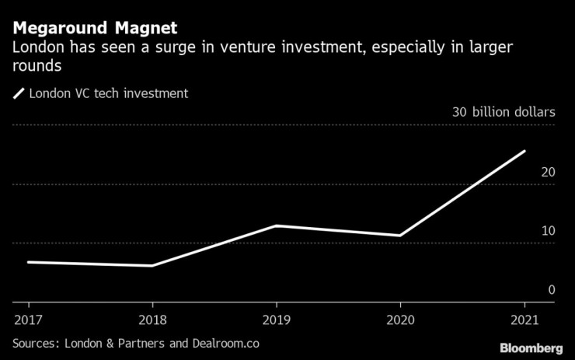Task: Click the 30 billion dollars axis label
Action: point(504,112)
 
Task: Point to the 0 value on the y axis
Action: point(551,290)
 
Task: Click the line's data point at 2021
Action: point(524,151)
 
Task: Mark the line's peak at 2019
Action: point(276,225)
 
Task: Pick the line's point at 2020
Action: point(400,235)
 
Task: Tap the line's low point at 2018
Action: point(152,266)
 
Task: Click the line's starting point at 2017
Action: point(29,262)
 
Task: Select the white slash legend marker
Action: point(19,94)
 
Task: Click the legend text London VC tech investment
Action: point(108,94)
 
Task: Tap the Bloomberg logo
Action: point(531,347)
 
